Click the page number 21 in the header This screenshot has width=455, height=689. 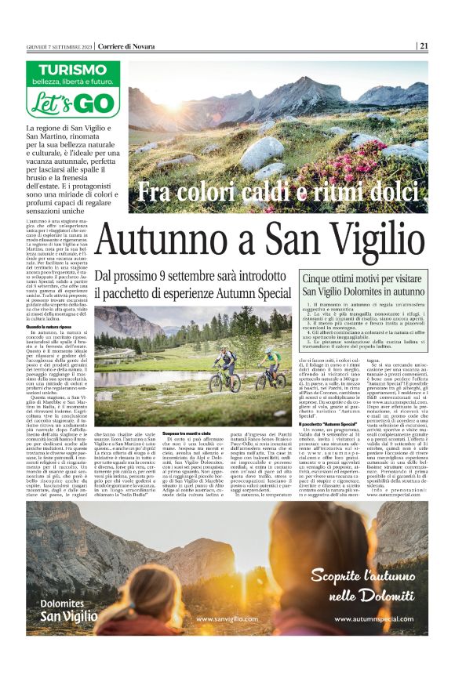click(x=424, y=45)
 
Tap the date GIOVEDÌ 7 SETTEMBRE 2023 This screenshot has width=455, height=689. click(x=59, y=46)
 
